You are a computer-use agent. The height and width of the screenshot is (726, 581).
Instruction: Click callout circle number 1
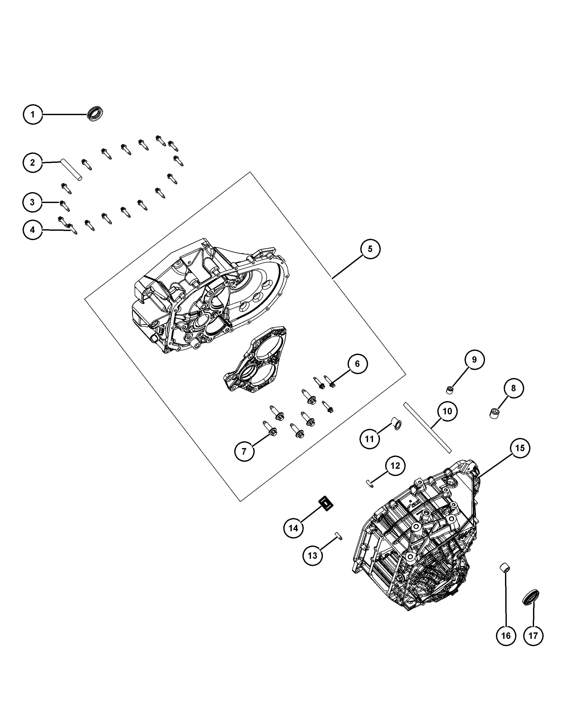[x=33, y=115]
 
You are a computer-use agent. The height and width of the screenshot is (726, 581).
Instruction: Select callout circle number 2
[x=33, y=163]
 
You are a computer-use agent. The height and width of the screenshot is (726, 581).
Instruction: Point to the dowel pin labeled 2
[x=71, y=170]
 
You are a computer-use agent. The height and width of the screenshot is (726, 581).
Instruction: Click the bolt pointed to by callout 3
[x=64, y=206]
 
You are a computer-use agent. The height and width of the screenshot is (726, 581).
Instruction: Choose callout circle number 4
[x=33, y=230]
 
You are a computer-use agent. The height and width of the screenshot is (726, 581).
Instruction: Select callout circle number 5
[x=370, y=249]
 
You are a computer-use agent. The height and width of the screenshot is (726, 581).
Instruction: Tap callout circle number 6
[x=357, y=364]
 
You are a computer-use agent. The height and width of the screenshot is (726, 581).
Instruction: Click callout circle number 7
[x=244, y=451]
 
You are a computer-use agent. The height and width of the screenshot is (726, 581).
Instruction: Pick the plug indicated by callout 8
[x=494, y=413]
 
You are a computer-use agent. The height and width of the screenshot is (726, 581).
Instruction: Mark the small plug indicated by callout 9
[x=449, y=390]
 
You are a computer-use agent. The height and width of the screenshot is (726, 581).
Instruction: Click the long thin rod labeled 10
[x=427, y=427]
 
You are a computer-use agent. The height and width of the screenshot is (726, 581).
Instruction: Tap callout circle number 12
[x=395, y=466]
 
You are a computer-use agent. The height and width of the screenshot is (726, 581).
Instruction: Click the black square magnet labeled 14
[x=326, y=504]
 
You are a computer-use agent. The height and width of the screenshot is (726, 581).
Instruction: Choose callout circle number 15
[x=520, y=448]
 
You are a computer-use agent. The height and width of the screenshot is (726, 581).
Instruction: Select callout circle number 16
[x=506, y=636]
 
